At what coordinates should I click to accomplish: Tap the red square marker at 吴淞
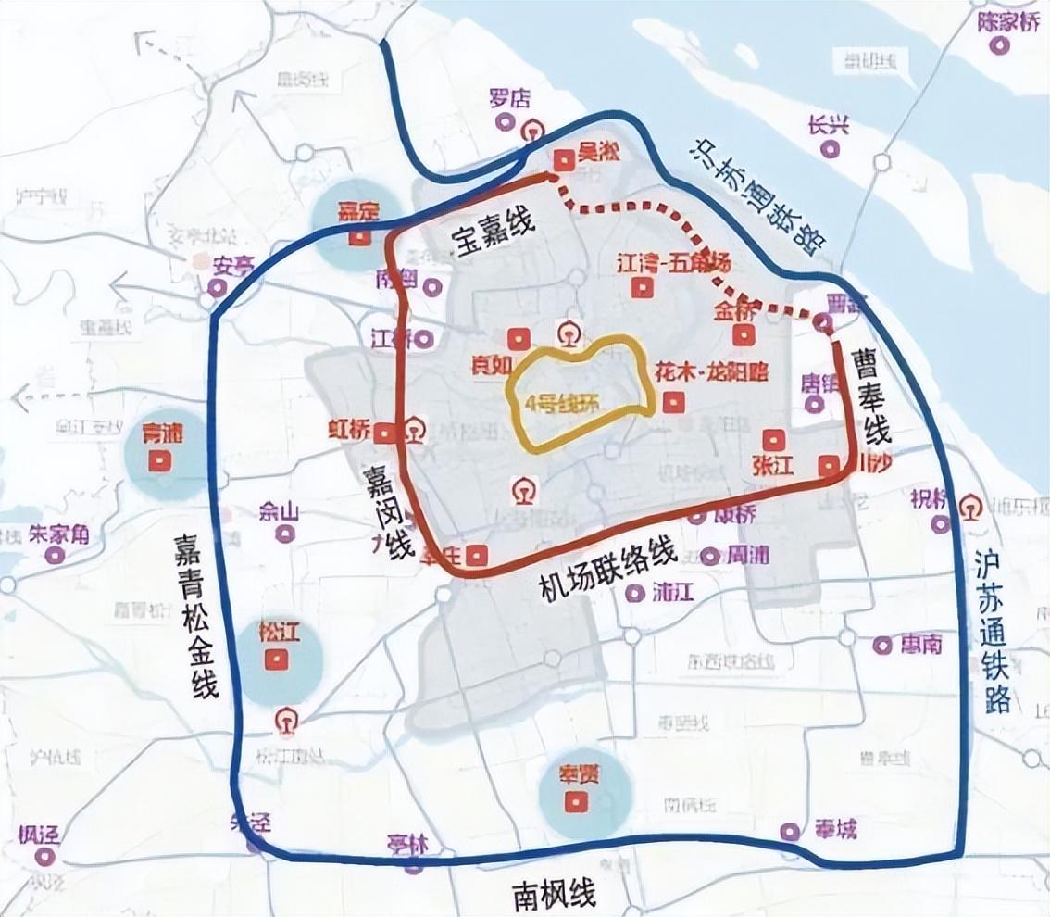561,161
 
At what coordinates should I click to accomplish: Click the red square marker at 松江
274,660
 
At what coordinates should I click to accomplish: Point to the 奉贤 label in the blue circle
578,774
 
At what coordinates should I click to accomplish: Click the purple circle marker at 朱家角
56,556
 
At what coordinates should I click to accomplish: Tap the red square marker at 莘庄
477,555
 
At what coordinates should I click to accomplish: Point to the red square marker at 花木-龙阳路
673,402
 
